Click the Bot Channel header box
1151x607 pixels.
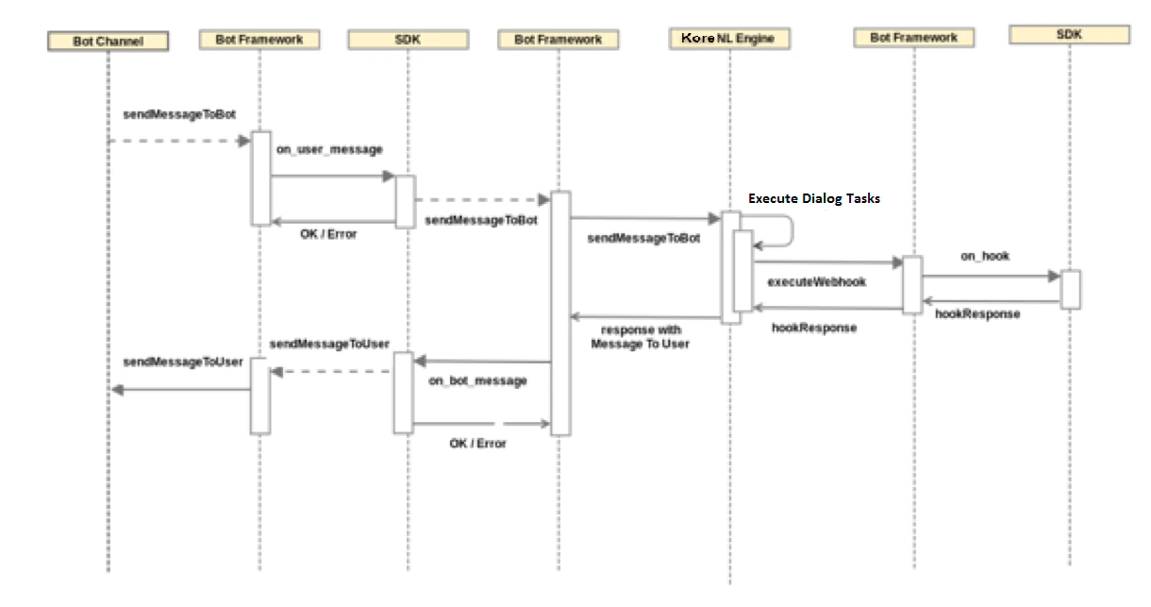108,42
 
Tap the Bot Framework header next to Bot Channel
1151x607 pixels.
259,40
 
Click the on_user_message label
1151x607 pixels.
318,149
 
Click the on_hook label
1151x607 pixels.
985,256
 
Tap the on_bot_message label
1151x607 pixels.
477,381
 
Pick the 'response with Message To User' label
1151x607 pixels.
640,337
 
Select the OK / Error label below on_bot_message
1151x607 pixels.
477,443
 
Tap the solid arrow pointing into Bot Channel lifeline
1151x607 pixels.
179,390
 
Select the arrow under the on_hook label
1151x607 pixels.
990,277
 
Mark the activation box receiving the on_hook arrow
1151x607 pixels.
1070,289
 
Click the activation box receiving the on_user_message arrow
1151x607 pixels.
404,202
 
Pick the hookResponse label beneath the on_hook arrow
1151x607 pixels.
977,314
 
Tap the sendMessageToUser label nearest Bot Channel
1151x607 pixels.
183,362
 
